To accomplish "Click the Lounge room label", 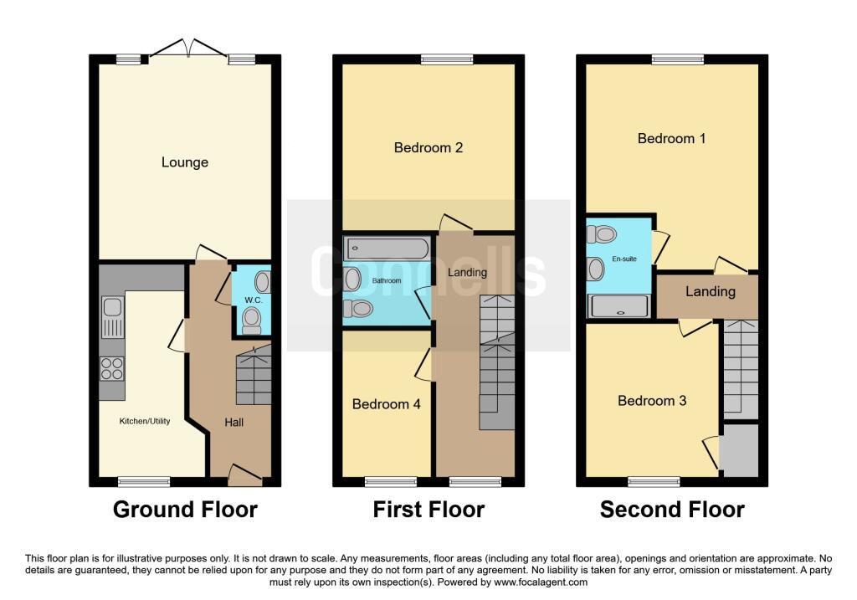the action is pos(185,162).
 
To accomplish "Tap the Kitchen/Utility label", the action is pos(145,421).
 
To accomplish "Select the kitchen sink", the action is pos(113,317).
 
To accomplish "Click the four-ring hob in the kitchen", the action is pos(112,368).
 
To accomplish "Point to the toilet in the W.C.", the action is pos(251,320).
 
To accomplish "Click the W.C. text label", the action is pos(254,300).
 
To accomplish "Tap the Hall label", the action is pos(234,422).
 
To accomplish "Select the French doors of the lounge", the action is pos(188,48).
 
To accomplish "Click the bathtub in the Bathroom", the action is pos(387,249).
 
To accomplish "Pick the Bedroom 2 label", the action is pos(428,147).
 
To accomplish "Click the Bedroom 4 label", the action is pos(387,404).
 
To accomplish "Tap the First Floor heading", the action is pos(428,510).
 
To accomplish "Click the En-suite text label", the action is pos(624,259).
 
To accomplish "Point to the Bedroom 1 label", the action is pos(672,138).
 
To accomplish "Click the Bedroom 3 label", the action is pos(652,401).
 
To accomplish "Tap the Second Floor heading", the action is pos(672,510).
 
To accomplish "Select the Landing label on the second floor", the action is pos(711,291).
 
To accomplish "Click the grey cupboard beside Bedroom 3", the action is pos(739,450).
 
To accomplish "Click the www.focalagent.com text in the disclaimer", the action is pos(541,582).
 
